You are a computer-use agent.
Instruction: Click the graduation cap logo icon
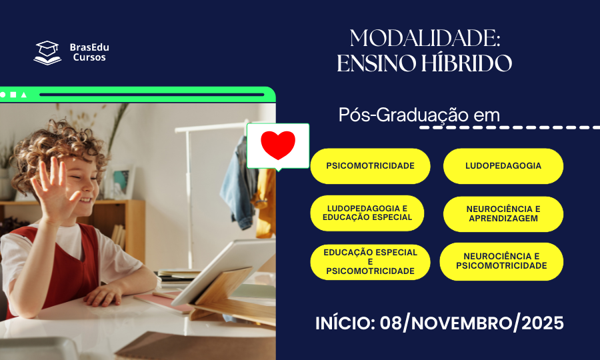pos(47,52)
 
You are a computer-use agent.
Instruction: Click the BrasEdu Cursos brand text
pos(89,52)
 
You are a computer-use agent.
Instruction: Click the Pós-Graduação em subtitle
pos(419,115)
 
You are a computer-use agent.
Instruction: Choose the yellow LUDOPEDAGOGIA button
pos(503,166)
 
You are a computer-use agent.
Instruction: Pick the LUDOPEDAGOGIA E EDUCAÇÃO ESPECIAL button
pos(367,213)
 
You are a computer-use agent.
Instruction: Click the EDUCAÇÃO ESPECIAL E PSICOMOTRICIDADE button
pos(370,261)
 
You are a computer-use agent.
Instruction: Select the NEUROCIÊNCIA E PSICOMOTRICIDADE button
pos(501,261)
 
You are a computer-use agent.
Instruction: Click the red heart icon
pos(278,145)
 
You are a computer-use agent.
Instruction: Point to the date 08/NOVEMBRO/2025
pos(471,324)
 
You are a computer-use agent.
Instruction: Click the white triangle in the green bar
pos(24,95)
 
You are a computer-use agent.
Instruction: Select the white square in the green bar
pos(13,95)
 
